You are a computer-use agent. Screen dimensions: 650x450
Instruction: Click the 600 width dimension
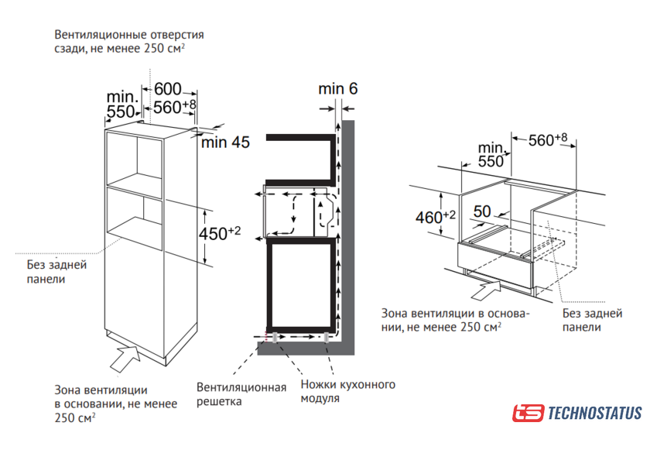click(168, 89)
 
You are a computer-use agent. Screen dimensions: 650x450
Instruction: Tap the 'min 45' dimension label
click(225, 143)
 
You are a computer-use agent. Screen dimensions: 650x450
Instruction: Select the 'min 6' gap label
click(338, 88)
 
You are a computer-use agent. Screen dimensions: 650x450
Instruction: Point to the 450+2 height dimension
click(219, 233)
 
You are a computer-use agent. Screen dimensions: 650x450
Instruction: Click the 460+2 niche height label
click(435, 217)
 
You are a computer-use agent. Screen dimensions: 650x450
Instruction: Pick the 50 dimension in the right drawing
click(482, 211)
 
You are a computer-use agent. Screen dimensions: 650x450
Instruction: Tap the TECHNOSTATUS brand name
click(595, 413)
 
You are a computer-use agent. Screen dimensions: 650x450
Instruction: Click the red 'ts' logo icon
click(528, 413)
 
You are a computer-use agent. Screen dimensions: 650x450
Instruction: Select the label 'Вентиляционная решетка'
click(241, 394)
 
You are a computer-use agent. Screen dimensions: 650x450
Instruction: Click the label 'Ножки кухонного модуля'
click(347, 391)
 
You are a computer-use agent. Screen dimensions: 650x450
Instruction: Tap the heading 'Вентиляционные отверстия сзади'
click(129, 41)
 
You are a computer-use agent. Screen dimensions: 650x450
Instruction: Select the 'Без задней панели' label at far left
click(56, 272)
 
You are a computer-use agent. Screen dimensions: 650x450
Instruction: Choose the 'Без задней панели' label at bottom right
click(593, 320)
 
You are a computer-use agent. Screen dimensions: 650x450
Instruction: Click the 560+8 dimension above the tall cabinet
click(174, 107)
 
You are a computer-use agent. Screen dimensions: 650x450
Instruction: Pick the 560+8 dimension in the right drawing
click(548, 139)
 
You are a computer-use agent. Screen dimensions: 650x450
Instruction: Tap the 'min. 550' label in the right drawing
click(491, 154)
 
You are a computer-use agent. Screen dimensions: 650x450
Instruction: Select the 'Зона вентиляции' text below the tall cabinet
click(116, 404)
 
